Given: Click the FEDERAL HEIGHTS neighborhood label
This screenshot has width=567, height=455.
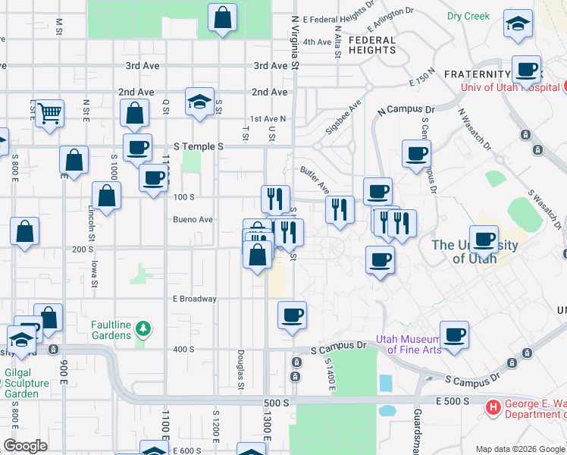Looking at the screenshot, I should pyautogui.click(x=372, y=45).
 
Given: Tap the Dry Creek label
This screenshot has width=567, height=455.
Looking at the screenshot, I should pyautogui.click(x=468, y=15).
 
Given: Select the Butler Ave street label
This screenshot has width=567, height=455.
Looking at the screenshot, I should pyautogui.click(x=314, y=179).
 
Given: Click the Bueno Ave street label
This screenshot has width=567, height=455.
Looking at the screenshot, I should pyautogui.click(x=193, y=219).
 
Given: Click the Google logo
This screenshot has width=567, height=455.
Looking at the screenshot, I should pyautogui.click(x=26, y=445).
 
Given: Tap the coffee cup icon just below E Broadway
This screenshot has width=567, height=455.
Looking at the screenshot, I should pyautogui.click(x=291, y=315).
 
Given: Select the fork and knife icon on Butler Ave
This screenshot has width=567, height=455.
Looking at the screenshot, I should pyautogui.click(x=340, y=209).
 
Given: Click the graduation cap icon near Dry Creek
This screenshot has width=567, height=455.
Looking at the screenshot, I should pyautogui.click(x=518, y=25).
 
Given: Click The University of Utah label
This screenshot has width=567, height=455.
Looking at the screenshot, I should pyautogui.click(x=475, y=251).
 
